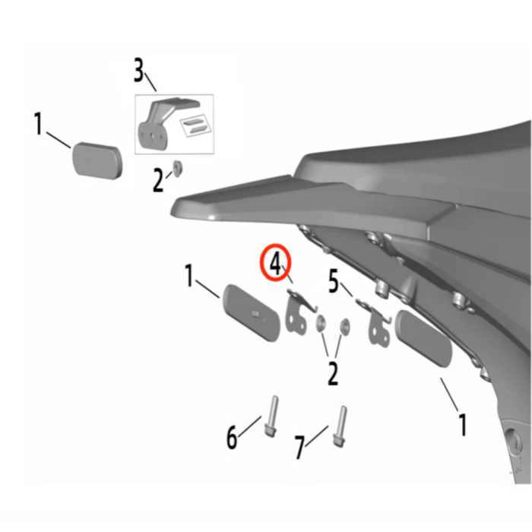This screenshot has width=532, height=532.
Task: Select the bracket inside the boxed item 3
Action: [x=155, y=122]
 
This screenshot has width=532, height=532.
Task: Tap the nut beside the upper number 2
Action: [x=176, y=167]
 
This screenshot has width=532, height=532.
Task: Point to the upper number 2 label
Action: [x=158, y=181]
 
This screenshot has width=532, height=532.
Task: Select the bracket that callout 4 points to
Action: [x=298, y=312]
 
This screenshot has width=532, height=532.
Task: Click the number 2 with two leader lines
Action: [x=332, y=372]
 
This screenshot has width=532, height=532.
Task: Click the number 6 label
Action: [x=232, y=438]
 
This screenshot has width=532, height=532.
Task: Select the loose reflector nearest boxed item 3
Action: [x=97, y=158]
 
